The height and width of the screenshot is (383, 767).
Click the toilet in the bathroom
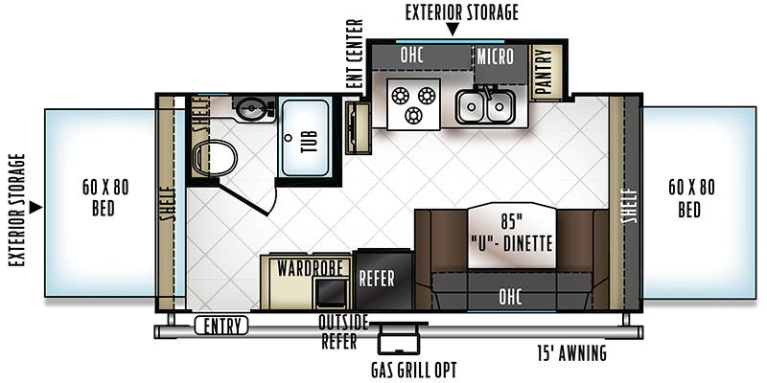click(x=215, y=158)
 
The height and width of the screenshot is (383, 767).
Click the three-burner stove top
click(x=413, y=104)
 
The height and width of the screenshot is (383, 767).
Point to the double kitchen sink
click(x=485, y=106)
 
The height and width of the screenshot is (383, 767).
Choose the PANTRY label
click(x=544, y=72)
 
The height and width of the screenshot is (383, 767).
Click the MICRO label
click(x=495, y=56)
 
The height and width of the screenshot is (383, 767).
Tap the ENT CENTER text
click(x=356, y=54)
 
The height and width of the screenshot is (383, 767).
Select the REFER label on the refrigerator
click(x=377, y=279)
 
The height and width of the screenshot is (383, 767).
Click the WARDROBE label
click(x=308, y=268)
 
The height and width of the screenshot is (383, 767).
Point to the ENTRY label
click(x=221, y=326)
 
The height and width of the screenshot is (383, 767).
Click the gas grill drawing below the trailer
click(x=399, y=338)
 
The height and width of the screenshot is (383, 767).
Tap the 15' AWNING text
click(x=571, y=352)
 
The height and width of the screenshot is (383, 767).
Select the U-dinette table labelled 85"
click(x=512, y=236)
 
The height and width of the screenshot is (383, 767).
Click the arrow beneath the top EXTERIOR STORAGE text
click(x=453, y=29)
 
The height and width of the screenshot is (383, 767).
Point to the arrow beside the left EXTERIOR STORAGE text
click(x=35, y=208)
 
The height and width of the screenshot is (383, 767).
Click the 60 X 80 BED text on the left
click(x=105, y=198)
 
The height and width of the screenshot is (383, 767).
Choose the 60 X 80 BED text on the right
click(x=691, y=198)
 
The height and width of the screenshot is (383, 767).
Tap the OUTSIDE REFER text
click(x=342, y=331)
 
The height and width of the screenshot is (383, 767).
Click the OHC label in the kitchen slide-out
click(x=411, y=56)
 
